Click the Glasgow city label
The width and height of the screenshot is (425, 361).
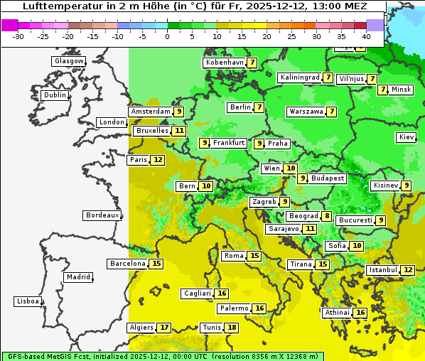[x=68, y=61]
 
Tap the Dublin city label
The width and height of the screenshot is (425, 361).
[x=54, y=95]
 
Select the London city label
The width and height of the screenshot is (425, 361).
[x=111, y=122]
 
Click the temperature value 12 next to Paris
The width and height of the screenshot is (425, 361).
[x=157, y=160]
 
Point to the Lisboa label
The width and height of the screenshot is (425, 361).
[x=27, y=301]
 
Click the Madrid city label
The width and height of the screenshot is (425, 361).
[x=77, y=277]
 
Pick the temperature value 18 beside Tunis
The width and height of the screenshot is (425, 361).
[x=232, y=328]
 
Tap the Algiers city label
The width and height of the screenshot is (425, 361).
[x=141, y=328]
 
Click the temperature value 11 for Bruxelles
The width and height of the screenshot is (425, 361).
[x=178, y=131]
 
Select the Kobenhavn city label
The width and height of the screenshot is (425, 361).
[x=224, y=63]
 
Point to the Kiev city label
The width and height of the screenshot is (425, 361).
[x=407, y=136]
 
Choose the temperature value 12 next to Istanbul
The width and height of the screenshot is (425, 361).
[x=407, y=270]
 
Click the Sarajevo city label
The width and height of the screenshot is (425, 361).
[x=284, y=229]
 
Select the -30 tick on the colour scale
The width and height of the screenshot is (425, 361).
[x=19, y=36]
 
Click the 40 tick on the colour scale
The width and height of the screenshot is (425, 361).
[x=366, y=36]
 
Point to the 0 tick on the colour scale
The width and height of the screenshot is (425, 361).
[x=167, y=36]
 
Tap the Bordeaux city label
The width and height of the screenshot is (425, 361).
[x=101, y=215]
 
